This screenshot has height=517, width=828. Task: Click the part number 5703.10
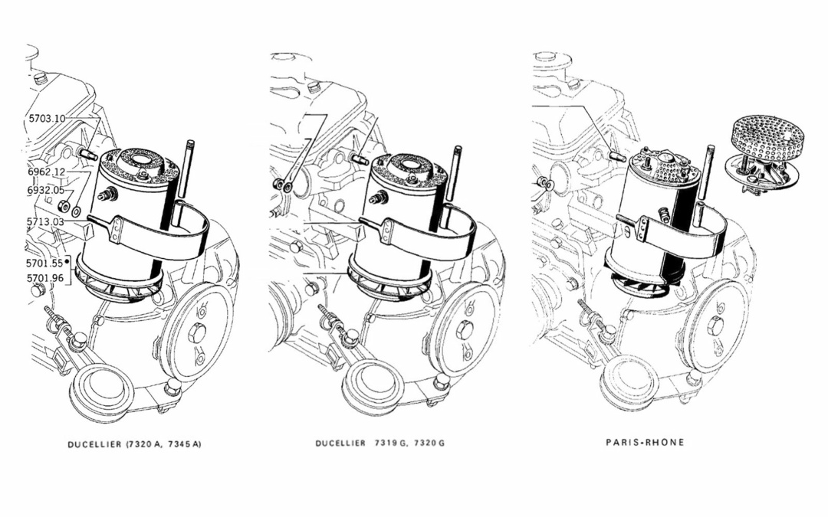[47, 118]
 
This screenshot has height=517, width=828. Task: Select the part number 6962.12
[47, 172]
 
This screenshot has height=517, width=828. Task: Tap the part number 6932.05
[45, 191]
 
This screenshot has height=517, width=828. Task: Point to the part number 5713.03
[45, 221]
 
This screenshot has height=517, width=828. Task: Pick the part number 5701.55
[44, 262]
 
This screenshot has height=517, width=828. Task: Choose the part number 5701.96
[44, 278]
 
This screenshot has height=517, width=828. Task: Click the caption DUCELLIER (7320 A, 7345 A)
[134, 444]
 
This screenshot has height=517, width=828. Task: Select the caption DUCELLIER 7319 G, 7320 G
[379, 443]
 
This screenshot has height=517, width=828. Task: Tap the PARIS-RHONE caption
[645, 442]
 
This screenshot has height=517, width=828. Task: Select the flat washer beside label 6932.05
[76, 211]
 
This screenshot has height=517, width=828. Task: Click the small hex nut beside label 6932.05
[62, 205]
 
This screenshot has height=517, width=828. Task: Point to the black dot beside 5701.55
[67, 261]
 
